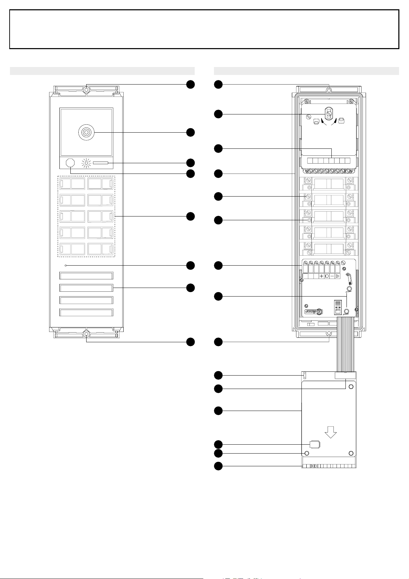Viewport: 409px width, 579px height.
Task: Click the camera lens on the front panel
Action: click(x=86, y=132)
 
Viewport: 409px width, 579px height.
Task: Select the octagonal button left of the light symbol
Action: click(x=70, y=163)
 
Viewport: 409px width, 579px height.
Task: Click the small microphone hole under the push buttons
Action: click(x=66, y=266)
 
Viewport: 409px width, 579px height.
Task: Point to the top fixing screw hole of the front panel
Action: click(x=86, y=90)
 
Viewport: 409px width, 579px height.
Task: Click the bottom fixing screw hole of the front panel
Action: click(x=86, y=334)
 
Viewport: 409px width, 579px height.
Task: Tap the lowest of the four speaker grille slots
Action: click(x=86, y=312)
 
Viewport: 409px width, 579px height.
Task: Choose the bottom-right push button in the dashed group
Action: click(x=100, y=249)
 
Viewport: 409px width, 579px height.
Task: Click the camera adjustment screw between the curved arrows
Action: click(x=329, y=114)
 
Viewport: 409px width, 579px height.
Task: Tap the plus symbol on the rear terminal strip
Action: click(x=321, y=276)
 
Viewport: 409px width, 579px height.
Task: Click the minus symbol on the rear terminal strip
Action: click(x=332, y=276)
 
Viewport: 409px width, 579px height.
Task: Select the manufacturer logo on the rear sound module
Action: click(x=314, y=312)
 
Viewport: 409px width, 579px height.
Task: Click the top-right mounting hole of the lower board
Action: click(x=351, y=387)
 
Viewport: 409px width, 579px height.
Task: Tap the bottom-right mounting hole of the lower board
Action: click(x=351, y=453)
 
